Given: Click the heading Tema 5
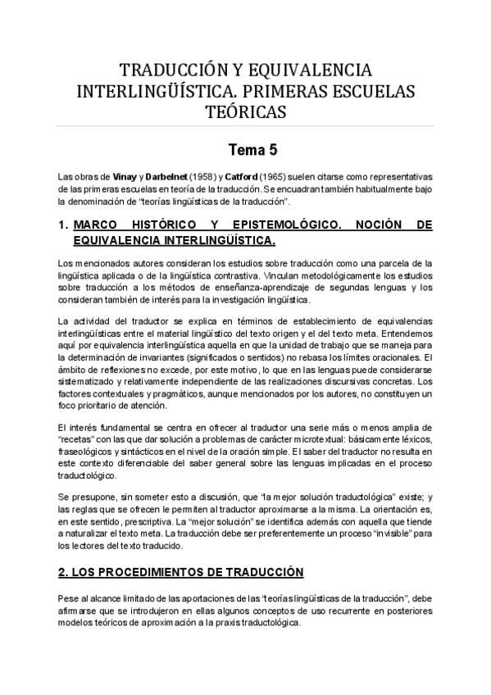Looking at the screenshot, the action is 245,151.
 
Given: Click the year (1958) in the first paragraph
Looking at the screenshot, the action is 204,177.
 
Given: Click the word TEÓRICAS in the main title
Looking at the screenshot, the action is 245,110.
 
